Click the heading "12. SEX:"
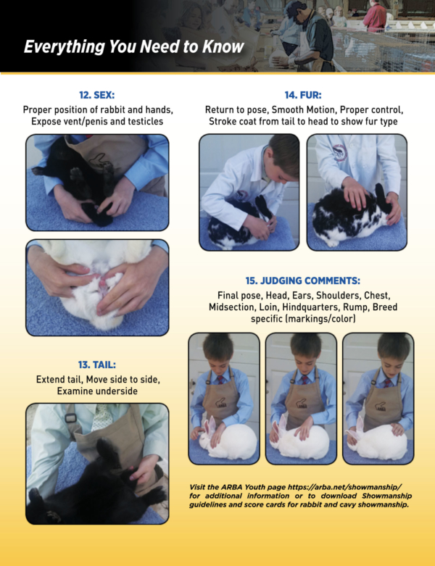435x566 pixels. click(96, 95)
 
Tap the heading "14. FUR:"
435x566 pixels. click(303, 95)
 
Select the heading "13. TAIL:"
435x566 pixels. click(97, 365)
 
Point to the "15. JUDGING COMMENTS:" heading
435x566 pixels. click(303, 280)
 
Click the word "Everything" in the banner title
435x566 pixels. click(65, 47)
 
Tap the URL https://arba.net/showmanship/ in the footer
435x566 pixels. click(345, 487)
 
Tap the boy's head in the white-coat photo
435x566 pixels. click(283, 154)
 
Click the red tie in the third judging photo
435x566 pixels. click(387, 382)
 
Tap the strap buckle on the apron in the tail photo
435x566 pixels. click(70, 418)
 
